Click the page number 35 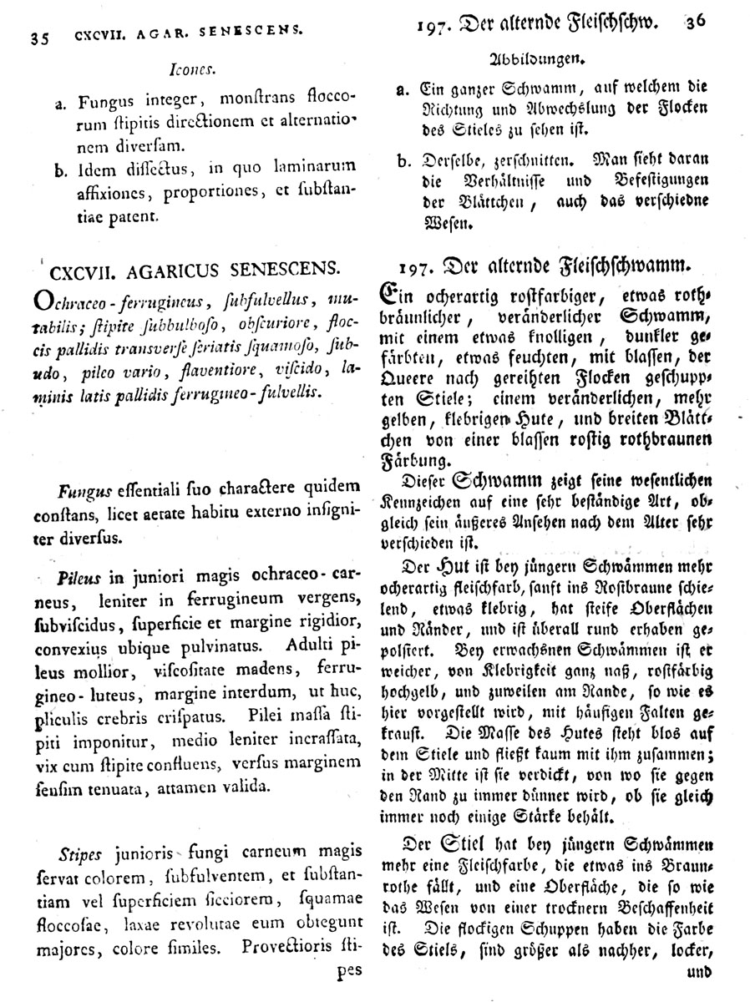[x=40, y=38]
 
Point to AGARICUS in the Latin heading [x=163, y=271]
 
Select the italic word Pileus [x=80, y=577]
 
